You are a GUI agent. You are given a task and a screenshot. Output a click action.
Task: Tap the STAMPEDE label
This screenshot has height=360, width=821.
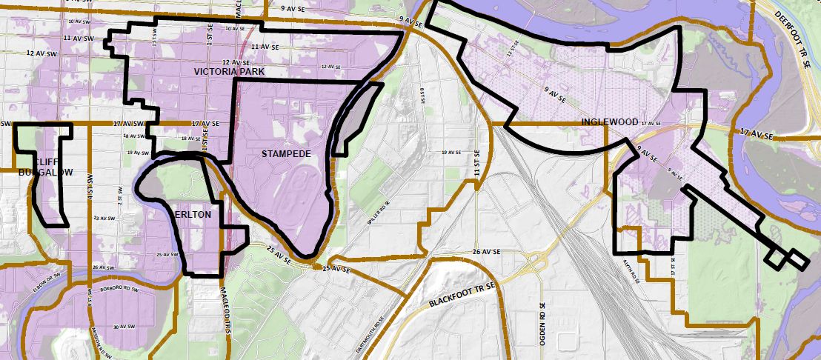pyautogui.click(x=286, y=154)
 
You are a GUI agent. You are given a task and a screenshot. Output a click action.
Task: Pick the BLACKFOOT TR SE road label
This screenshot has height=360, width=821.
pyautogui.click(x=460, y=296)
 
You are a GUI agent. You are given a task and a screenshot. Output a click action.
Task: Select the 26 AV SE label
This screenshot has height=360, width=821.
pyautogui.click(x=488, y=252)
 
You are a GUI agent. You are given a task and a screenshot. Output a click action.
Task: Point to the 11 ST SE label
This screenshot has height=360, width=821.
pyautogui.click(x=478, y=170)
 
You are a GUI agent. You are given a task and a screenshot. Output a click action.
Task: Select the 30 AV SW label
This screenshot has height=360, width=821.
pyautogui.click(x=121, y=327)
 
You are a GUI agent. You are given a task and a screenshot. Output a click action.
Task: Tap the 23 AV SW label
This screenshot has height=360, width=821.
pyautogui.click(x=105, y=219)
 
